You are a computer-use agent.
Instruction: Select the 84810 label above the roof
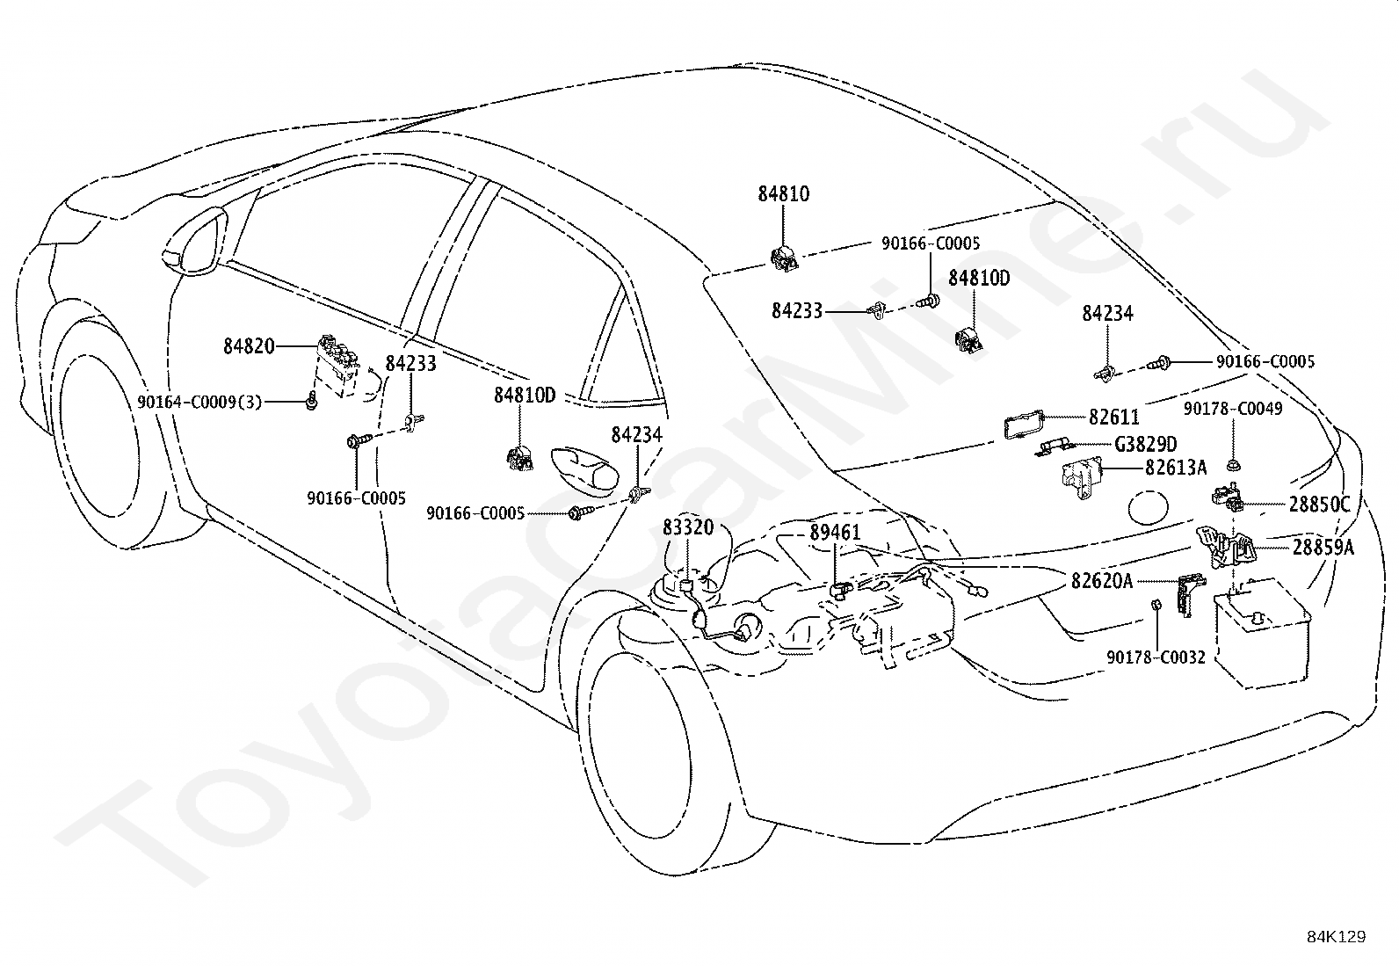pyautogui.click(x=783, y=193)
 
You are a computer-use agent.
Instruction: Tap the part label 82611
pyautogui.click(x=1114, y=417)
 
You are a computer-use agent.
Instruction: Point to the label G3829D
pyautogui.click(x=1145, y=444)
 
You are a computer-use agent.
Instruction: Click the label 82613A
pyautogui.click(x=1176, y=468)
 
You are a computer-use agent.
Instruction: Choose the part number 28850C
pyautogui.click(x=1320, y=505)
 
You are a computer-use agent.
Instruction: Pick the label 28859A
pyautogui.click(x=1323, y=548)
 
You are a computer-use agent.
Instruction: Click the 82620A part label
pyautogui.click(x=1102, y=581)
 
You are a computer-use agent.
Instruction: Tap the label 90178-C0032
pyautogui.click(x=1156, y=657)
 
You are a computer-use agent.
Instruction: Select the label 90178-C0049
pyautogui.click(x=1233, y=409)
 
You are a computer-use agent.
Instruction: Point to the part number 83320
pyautogui.click(x=687, y=527)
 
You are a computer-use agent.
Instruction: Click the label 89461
pyautogui.click(x=835, y=533)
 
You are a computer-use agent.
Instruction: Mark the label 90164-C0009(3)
pyautogui.click(x=199, y=402)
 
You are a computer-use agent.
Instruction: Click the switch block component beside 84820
pyautogui.click(x=337, y=366)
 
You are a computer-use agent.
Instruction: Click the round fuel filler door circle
pyautogui.click(x=1149, y=507)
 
